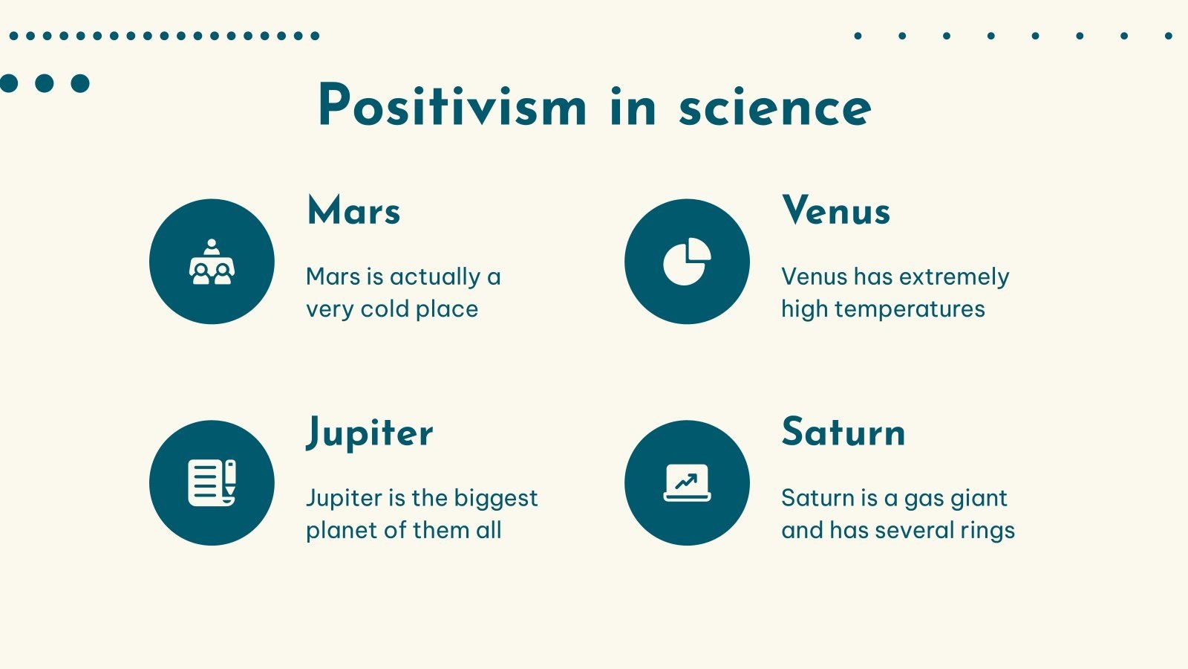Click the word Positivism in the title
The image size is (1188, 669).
[452, 106]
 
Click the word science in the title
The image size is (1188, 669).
[774, 108]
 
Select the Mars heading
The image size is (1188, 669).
[353, 210]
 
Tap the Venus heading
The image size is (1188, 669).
[836, 210]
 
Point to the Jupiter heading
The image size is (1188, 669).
[370, 433]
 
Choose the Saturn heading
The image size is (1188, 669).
[843, 432]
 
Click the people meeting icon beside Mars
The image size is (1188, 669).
[212, 262]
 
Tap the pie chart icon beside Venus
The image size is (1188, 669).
[687, 262]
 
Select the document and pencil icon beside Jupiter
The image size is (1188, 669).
[212, 483]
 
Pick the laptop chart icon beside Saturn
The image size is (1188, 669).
[687, 483]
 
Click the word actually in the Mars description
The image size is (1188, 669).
[435, 277]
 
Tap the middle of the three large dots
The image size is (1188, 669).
[45, 83]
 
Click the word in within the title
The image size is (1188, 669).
[633, 108]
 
